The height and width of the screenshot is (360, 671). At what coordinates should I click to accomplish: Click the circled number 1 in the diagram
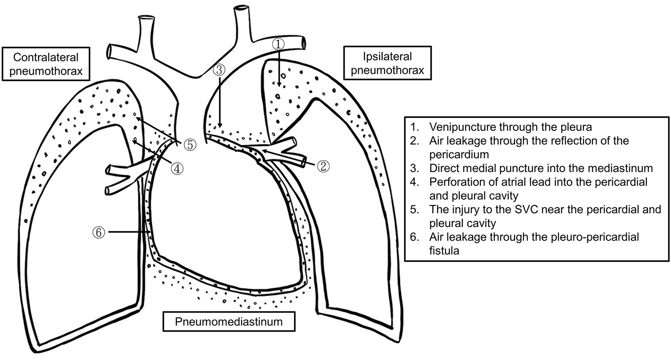278,44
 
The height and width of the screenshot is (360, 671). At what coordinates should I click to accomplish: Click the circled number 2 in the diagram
323,166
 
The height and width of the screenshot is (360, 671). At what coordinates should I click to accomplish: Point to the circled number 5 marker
190,144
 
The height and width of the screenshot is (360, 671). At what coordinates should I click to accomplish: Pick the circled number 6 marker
98,232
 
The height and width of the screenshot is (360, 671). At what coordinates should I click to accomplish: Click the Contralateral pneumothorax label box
46,64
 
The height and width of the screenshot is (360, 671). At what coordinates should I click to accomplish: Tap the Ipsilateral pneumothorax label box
387,63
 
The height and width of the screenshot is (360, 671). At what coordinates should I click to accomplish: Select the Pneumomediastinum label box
229,322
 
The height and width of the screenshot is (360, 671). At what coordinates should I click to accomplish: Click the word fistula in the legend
444,250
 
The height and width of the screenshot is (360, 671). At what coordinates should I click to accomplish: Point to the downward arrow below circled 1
279,68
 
